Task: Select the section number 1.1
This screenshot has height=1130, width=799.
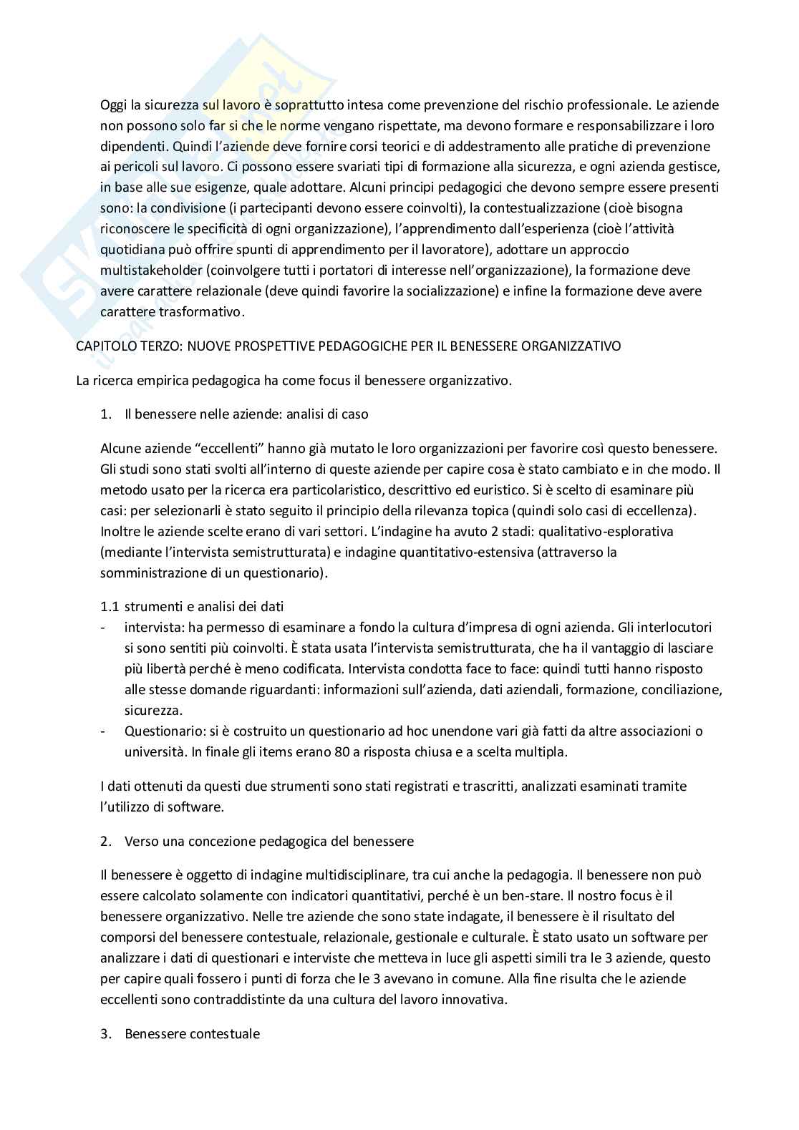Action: click(x=110, y=606)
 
